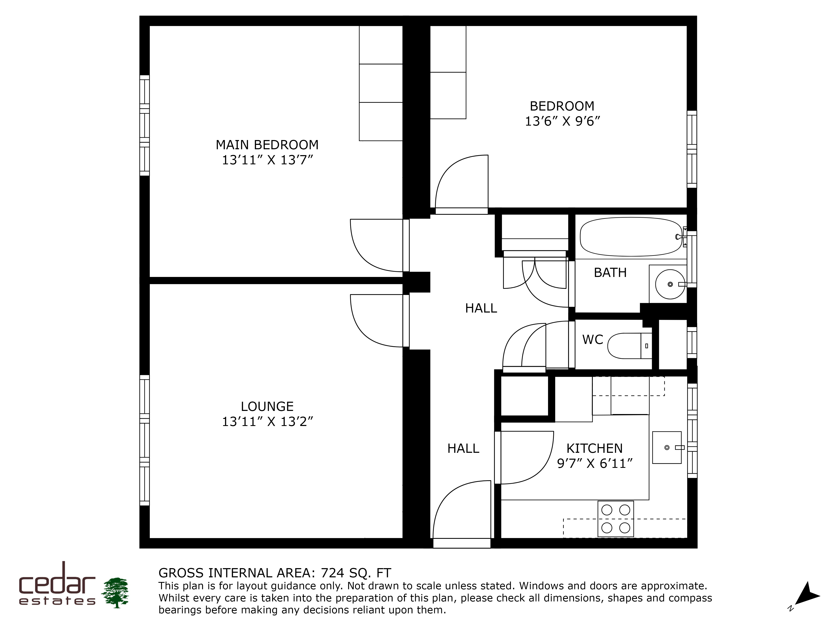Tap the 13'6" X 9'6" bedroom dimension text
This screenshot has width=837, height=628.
click(562, 121)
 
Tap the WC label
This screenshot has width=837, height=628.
click(593, 340)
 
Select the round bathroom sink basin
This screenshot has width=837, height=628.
click(670, 284)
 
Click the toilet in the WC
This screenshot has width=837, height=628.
click(630, 346)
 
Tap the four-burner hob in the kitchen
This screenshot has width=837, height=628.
click(616, 519)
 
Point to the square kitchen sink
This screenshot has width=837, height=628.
click(667, 447)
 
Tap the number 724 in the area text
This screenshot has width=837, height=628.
click(333, 573)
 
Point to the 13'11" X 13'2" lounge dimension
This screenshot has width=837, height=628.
click(267, 421)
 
